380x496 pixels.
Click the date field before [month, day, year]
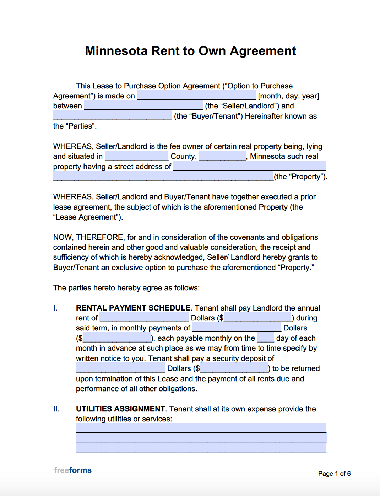coord(196,96)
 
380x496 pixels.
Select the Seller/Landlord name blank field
coord(143,106)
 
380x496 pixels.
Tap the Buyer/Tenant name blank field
coord(112,116)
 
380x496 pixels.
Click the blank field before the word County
coord(136,156)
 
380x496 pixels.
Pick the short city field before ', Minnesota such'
coord(222,156)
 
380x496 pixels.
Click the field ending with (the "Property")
coord(163,177)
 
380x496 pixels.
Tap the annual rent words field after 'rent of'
coord(144,318)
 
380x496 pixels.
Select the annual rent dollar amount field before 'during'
coord(257,318)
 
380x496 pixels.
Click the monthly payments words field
coord(237,328)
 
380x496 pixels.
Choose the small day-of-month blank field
coord(265,338)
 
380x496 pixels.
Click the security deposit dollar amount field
coord(234,368)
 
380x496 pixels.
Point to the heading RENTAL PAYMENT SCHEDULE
coord(133,308)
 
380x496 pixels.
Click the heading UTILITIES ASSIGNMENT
coord(120,409)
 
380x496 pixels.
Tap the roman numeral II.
coord(56,409)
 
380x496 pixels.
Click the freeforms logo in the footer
coord(73,470)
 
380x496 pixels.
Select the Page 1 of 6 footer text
coord(334,474)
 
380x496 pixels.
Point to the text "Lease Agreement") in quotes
coord(88,217)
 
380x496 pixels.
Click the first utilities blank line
coord(201,428)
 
